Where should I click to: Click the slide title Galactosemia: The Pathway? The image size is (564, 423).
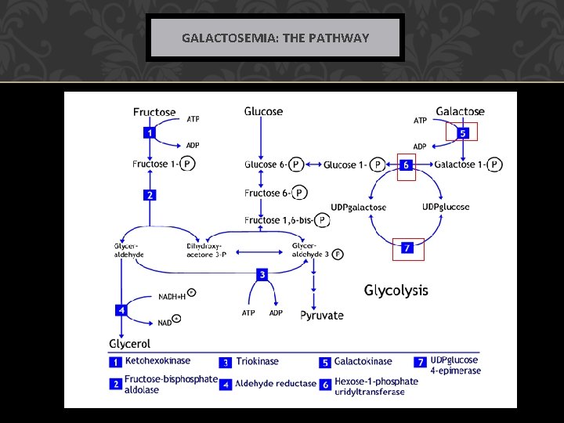coord(275,38)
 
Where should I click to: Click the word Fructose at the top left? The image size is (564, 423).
coord(154,112)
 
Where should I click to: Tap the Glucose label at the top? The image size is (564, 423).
coord(263,111)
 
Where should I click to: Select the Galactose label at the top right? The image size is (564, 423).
coord(460,112)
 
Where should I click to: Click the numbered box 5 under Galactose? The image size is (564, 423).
coord(462,133)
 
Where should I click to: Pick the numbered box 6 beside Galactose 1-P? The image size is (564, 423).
coord(406,165)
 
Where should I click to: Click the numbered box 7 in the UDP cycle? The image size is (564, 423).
coord(407,248)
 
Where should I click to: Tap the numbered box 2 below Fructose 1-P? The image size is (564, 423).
coord(148,194)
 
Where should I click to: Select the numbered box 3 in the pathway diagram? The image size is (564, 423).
coord(262,274)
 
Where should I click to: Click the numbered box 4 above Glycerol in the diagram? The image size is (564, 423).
coord(121,310)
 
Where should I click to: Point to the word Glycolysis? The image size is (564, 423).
coord(396,291)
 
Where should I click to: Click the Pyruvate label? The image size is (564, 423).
coord(322,315)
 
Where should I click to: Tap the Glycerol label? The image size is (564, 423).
coord(129,343)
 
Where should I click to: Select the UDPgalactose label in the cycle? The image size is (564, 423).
coord(358,207)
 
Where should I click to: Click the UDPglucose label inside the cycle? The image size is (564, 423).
coord(446,207)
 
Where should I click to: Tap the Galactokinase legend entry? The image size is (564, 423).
coord(363,362)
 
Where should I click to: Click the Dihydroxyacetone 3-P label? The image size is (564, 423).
coord(207,250)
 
